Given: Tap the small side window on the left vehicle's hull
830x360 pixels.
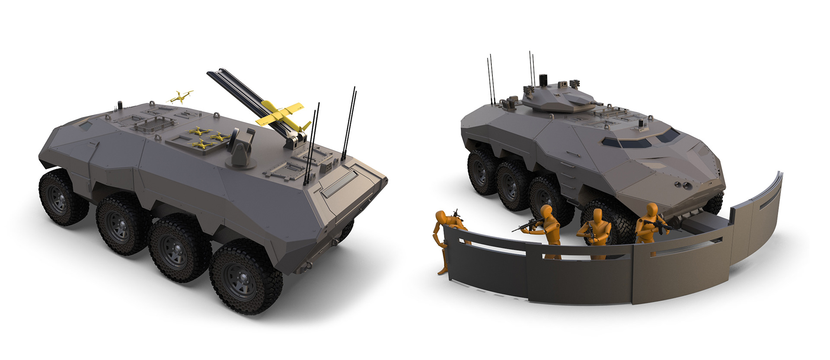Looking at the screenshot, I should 86,126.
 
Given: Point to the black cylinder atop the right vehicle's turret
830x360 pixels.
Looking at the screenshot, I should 543,80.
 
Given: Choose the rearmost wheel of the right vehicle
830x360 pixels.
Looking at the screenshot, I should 482,171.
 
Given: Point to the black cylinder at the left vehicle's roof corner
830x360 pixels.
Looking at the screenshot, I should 121,105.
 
